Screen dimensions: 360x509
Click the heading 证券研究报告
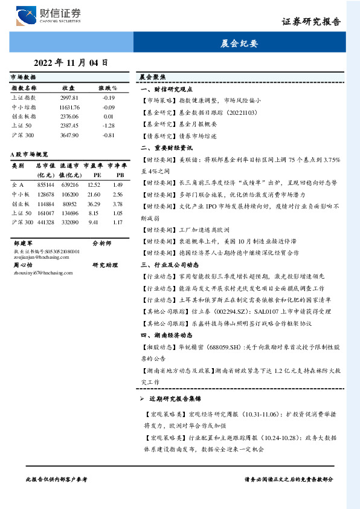311,22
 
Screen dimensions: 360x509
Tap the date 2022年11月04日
71,62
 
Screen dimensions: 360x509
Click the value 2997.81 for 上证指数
69,97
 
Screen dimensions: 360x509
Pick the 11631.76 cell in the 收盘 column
69,107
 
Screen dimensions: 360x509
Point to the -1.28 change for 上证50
109,126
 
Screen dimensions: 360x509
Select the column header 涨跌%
108,88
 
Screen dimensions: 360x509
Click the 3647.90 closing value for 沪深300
69,135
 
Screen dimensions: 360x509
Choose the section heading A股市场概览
30,155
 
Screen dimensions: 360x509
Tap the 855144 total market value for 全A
45,184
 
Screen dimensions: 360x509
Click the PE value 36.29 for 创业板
93,204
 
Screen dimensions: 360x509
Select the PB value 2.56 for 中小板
117,194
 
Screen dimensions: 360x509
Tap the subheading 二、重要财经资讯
166,147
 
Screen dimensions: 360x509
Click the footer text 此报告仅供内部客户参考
57,479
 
